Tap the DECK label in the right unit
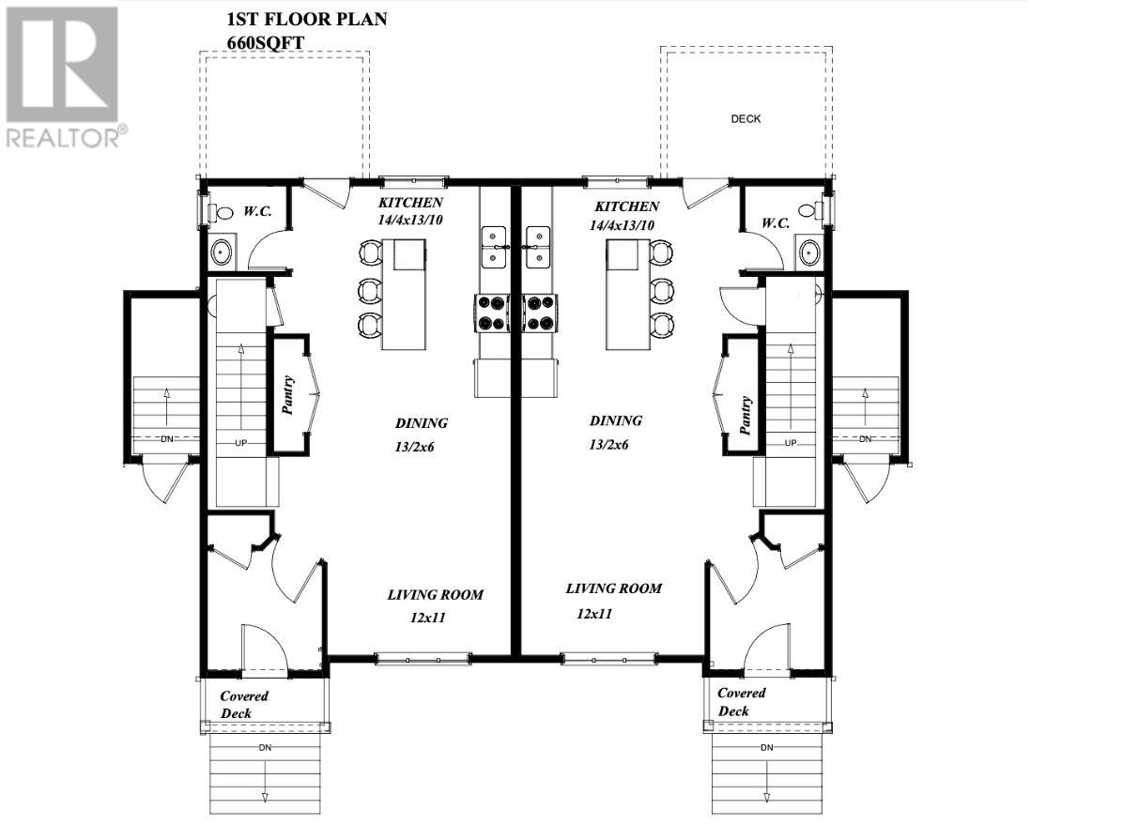tap(746, 119)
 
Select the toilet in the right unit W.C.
tap(807, 211)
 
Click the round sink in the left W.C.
tap(222, 252)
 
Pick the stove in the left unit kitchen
tap(489, 313)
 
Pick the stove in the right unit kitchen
tap(539, 313)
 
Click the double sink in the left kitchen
tap(493, 247)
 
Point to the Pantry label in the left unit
tap(288, 395)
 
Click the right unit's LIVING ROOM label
tap(613, 588)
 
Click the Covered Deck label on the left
tap(244, 704)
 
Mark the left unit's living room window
tap(423, 659)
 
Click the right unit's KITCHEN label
tap(626, 206)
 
